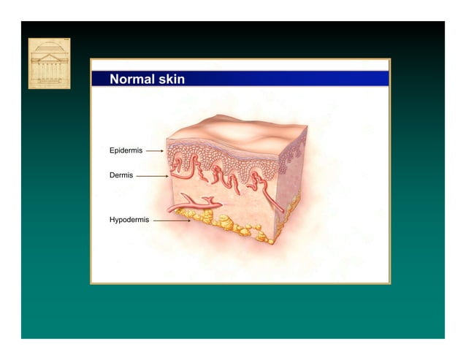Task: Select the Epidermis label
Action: click(x=126, y=150)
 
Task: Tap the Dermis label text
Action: click(x=121, y=175)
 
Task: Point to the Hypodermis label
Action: click(x=129, y=219)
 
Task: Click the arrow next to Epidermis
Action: click(x=154, y=151)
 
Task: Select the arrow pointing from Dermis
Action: click(x=152, y=176)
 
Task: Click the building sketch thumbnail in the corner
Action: click(x=49, y=64)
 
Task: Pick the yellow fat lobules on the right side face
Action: click(x=292, y=208)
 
